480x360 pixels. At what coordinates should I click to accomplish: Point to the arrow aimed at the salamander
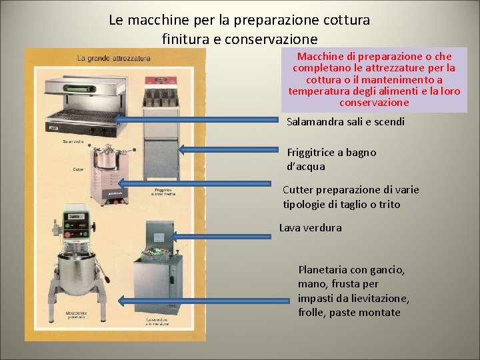click(199, 120)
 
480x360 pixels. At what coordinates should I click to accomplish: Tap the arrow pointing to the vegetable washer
click(221, 234)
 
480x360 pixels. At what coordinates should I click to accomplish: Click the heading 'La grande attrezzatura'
click(113, 59)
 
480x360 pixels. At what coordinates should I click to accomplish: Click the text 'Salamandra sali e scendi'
click(345, 122)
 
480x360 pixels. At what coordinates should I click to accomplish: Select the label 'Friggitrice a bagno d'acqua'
click(331, 159)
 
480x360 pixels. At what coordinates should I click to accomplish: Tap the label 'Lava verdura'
click(310, 227)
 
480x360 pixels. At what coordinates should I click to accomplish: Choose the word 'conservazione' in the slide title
click(271, 39)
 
